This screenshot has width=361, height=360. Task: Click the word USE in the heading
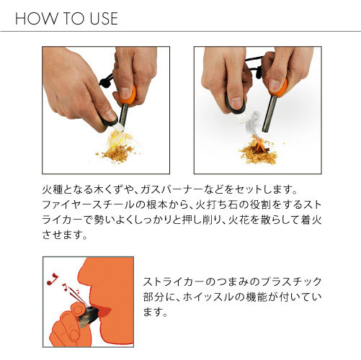pyautogui.click(x=104, y=19)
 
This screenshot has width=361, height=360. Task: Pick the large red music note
pyautogui.click(x=53, y=279)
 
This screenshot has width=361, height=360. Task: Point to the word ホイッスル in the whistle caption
pyautogui.click(x=208, y=297)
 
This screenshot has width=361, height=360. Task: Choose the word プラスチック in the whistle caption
pyautogui.click(x=291, y=282)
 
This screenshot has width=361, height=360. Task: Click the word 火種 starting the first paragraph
pyautogui.click(x=53, y=189)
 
